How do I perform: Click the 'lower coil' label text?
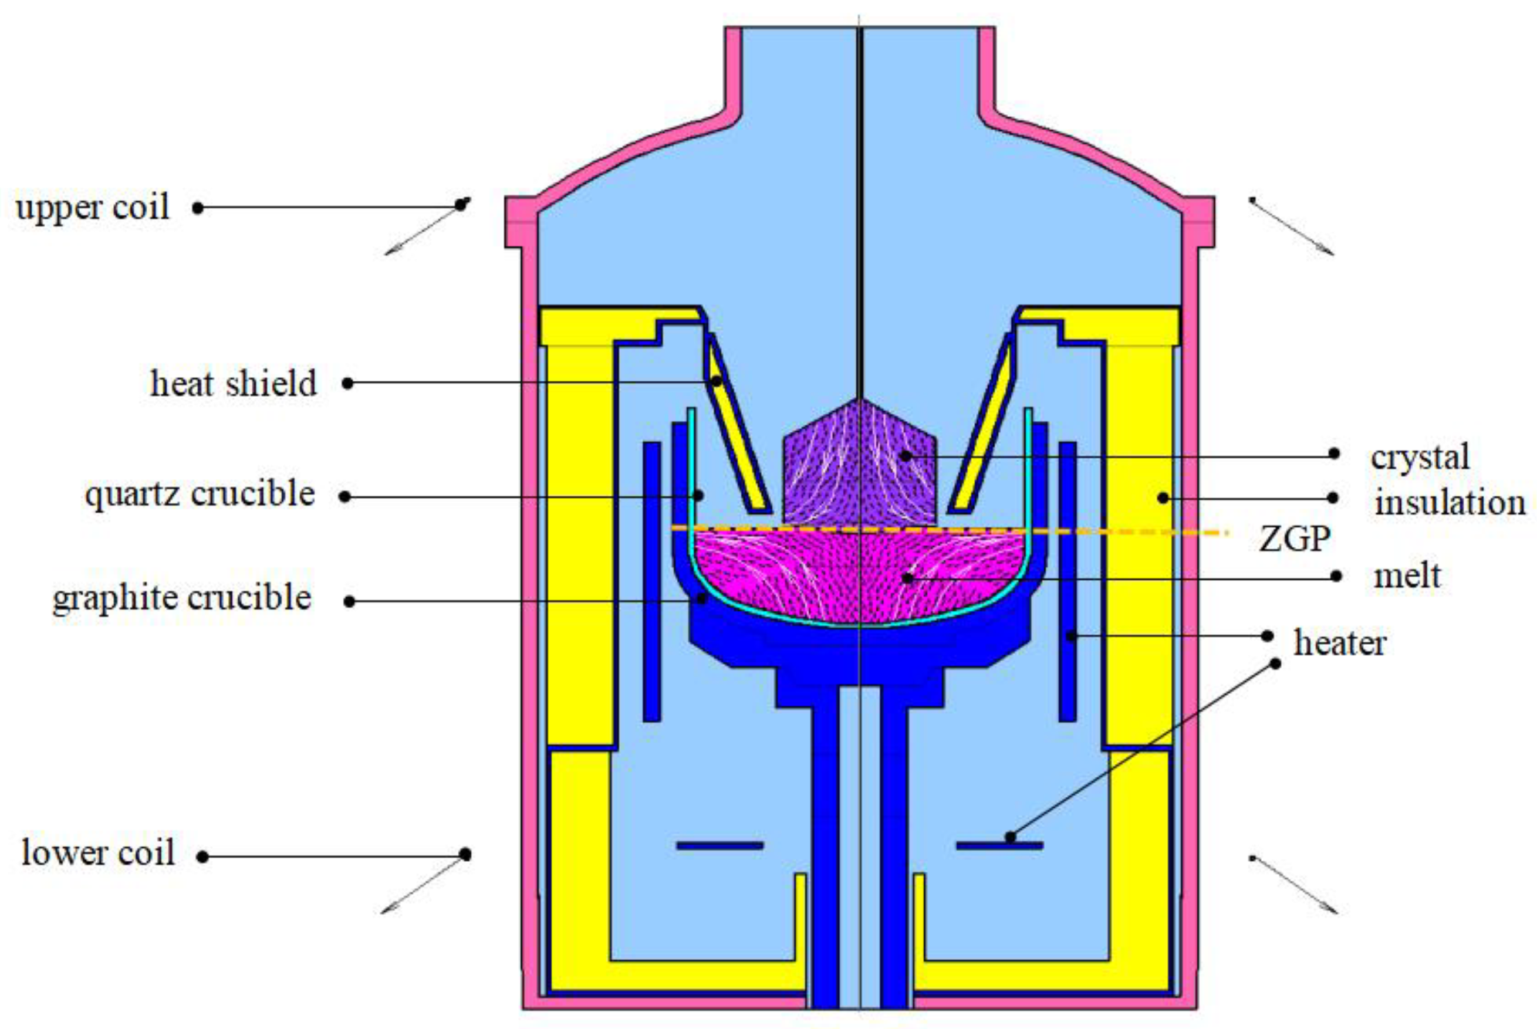99,853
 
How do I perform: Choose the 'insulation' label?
1450,503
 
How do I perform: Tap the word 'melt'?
1407,576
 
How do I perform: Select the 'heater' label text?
1339,642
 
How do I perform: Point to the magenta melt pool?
860,577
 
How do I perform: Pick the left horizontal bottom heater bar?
720,845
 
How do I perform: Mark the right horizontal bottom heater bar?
999,846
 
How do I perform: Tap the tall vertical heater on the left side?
651,581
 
